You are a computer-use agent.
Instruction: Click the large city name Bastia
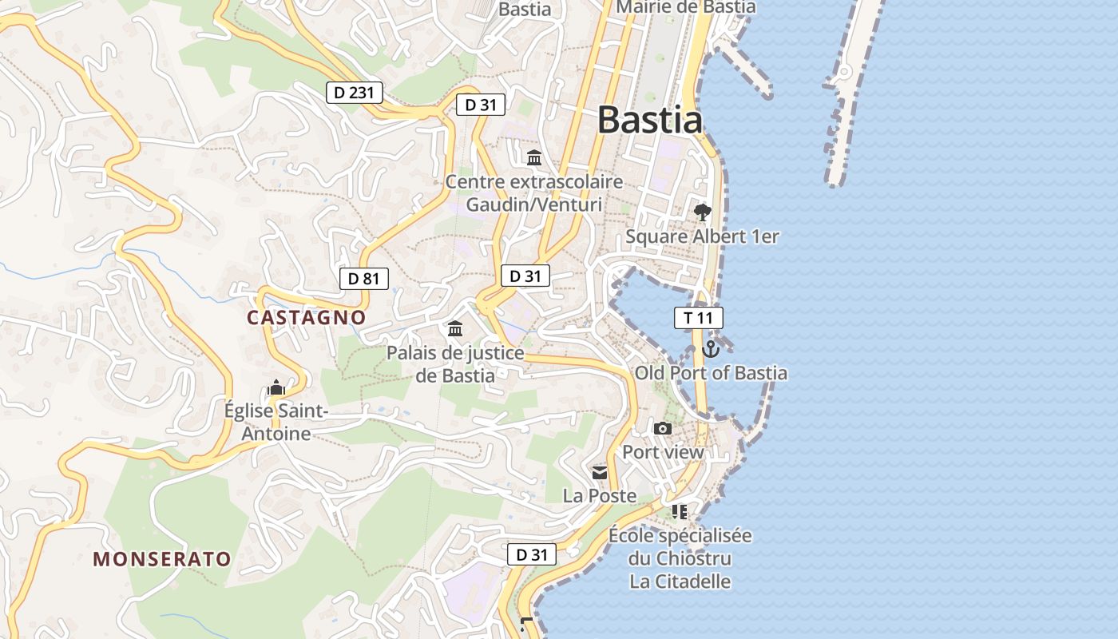(650, 120)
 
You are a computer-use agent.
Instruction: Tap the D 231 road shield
(355, 93)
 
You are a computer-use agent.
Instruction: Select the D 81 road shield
(364, 279)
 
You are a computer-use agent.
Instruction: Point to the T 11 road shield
(698, 318)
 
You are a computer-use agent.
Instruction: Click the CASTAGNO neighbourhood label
(306, 317)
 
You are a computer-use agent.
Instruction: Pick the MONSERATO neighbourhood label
(162, 558)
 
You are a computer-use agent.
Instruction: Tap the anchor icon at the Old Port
(711, 349)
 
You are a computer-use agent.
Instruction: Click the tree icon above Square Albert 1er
(703, 212)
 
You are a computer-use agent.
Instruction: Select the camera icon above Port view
(663, 429)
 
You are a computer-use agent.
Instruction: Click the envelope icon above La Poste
(600, 473)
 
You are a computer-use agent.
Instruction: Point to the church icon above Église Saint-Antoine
(276, 388)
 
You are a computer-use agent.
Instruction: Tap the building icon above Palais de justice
(455, 328)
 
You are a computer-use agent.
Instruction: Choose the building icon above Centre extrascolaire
(534, 157)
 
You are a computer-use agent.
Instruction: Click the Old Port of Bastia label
(711, 373)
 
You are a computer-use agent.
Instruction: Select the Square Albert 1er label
(702, 236)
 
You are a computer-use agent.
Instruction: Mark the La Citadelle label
(680, 581)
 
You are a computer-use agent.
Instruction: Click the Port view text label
(663, 452)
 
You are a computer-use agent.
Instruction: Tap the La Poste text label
(600, 496)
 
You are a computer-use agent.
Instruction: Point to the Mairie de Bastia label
(686, 7)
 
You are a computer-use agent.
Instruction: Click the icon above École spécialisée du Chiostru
(680, 511)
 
